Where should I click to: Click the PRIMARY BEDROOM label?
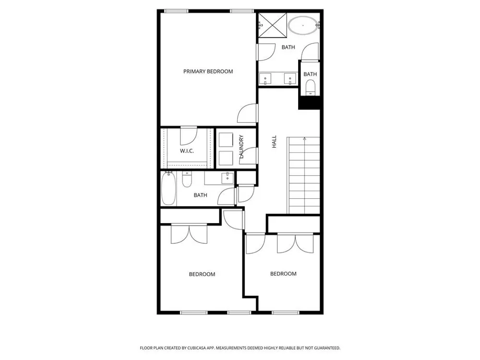(208, 72)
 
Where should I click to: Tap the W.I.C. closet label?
(187, 151)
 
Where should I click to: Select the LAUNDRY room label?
(241, 146)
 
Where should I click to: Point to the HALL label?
(274, 142)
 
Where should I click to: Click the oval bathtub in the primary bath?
(303, 25)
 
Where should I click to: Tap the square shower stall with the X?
(273, 25)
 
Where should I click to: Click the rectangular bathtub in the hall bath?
(168, 189)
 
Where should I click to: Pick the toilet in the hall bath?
(186, 180)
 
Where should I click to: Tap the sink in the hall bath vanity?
(228, 178)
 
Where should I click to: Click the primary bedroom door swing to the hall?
(248, 113)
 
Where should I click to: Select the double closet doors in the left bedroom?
(189, 234)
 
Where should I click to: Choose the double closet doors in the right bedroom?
(295, 244)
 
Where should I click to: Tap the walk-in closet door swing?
(188, 136)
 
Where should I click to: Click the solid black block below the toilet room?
(309, 102)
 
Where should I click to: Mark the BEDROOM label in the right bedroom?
(283, 274)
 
